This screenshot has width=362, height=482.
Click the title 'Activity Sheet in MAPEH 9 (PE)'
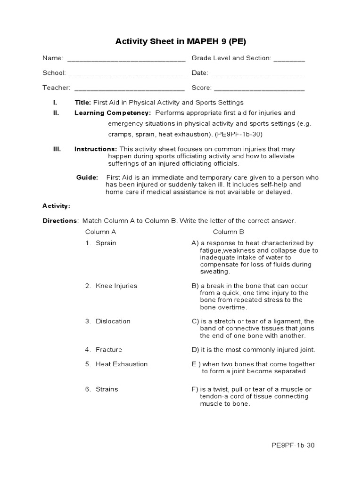(x=181, y=41)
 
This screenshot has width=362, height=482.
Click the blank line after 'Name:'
(x=126, y=59)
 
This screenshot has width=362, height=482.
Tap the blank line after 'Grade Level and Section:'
(x=289, y=59)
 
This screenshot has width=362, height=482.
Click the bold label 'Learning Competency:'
(x=113, y=113)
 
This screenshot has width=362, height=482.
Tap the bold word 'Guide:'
(x=87, y=177)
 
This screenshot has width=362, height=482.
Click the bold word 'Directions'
(x=59, y=220)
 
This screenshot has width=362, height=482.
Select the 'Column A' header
(x=100, y=232)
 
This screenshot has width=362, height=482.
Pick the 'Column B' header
(x=228, y=232)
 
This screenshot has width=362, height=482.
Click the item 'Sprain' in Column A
(x=106, y=243)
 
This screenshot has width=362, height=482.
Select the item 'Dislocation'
(x=113, y=321)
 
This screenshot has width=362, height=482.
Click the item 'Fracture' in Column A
(x=108, y=349)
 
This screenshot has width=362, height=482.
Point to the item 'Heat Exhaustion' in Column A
(x=121, y=364)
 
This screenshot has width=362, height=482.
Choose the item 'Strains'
(x=107, y=389)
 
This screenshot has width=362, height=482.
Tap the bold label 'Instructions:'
(x=96, y=149)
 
